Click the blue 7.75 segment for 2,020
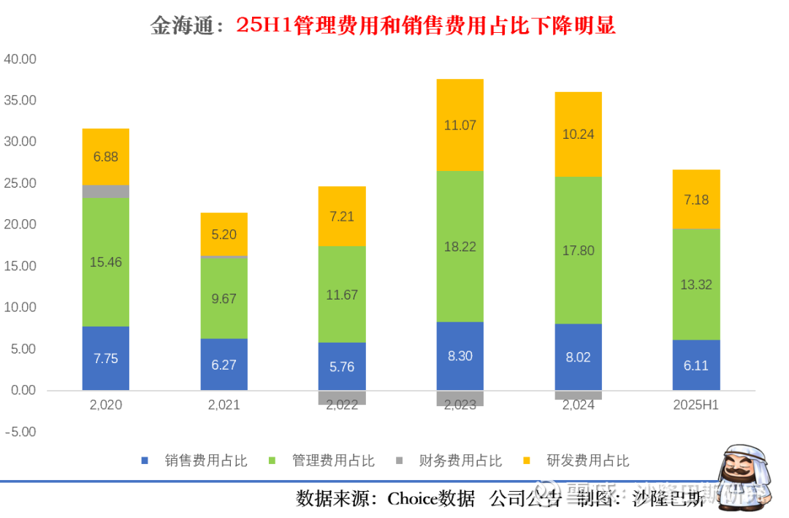(x=106, y=358)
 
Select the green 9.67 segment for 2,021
(x=224, y=298)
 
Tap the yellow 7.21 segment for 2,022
(x=342, y=216)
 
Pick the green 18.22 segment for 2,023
(x=460, y=246)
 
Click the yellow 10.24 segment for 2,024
(x=578, y=134)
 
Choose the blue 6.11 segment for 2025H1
(x=696, y=365)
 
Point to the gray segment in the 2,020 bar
(x=106, y=191)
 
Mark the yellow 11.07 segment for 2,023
(x=460, y=125)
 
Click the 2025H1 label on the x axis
(x=696, y=405)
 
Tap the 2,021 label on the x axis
(x=224, y=405)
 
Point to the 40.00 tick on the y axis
(x=20, y=58)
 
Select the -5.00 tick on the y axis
(x=20, y=432)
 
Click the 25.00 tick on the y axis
(x=20, y=183)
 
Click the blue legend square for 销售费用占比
(x=145, y=461)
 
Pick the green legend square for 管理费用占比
(x=272, y=461)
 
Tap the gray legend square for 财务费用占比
(x=399, y=461)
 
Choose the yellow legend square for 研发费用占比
(x=527, y=461)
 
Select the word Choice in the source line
(x=412, y=500)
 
